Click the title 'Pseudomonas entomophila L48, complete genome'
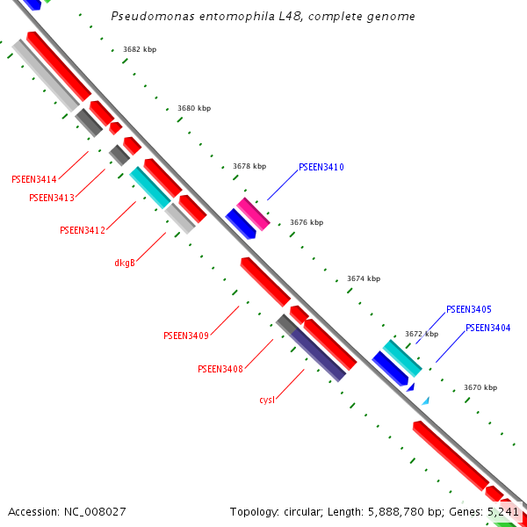point(263,17)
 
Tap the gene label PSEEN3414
point(34,179)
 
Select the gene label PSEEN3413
point(52,198)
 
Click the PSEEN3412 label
point(83,230)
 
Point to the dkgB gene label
point(125,263)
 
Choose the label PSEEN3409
point(186,336)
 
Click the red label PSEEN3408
point(220,369)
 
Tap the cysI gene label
point(267,400)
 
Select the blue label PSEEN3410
point(321,167)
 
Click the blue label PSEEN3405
point(469,309)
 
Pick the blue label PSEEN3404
point(488,328)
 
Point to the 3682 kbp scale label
point(140,50)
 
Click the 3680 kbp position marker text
point(194,108)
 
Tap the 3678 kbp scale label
point(249,166)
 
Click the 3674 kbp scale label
point(364,278)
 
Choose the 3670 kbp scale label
point(480,387)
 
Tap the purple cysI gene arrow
point(318,355)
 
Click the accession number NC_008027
point(67,511)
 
